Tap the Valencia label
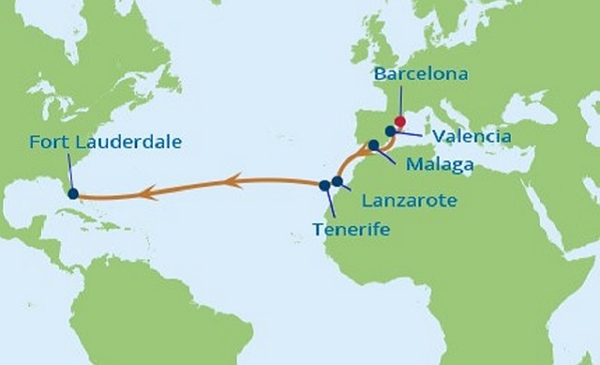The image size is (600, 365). coord(472,137)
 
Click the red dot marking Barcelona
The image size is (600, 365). coord(399,121)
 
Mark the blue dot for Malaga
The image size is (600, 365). coord(373,145)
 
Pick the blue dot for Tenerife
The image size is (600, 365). coord(324,185)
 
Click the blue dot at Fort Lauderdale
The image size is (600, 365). coord(73,193)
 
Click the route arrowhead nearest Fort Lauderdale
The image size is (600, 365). coord(145,194)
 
